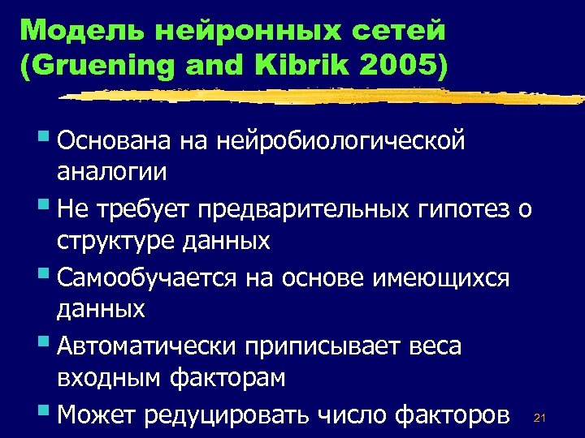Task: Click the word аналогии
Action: coord(112,172)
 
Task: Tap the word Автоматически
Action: coord(146,347)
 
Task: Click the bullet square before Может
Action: coord(43,413)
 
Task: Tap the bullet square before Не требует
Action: coord(43,207)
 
